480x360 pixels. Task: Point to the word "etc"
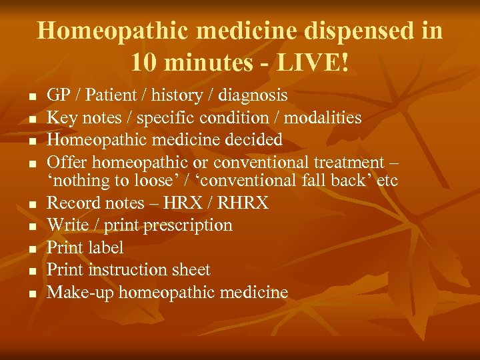[386, 180]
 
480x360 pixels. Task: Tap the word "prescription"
[186, 225]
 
